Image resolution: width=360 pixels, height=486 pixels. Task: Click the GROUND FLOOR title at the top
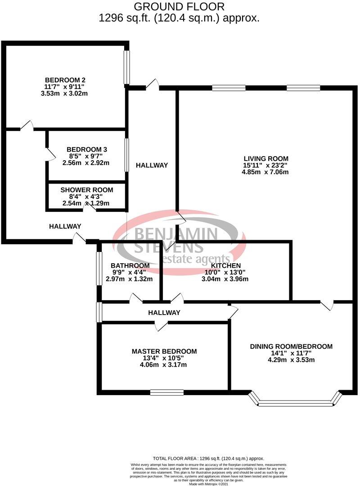[x=179, y=7]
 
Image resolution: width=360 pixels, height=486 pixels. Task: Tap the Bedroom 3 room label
[x=86, y=149]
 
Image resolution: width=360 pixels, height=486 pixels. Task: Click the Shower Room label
[x=87, y=190]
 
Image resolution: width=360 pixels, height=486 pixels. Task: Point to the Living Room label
[x=265, y=158]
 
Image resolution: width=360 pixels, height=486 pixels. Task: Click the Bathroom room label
[x=130, y=265]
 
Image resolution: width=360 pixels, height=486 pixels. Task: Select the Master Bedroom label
[x=164, y=351]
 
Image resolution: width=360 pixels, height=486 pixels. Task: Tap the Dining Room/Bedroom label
[x=291, y=346]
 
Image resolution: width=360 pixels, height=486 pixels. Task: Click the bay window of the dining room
[x=294, y=402]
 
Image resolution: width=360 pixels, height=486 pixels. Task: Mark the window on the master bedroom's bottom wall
[x=166, y=392]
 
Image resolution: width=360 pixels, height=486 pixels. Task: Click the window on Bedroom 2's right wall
[x=127, y=67]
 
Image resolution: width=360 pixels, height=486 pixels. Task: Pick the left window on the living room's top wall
[x=229, y=88]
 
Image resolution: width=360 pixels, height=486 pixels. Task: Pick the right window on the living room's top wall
[x=303, y=88]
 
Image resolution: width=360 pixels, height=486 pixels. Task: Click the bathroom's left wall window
[x=99, y=268]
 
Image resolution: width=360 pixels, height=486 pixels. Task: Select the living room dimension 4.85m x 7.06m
[x=265, y=172]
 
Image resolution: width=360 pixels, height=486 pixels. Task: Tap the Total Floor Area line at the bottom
[x=208, y=458]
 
